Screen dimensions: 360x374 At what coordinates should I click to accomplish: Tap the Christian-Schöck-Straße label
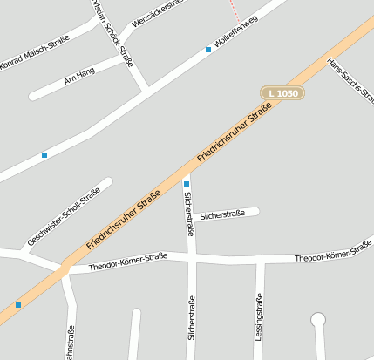click(113, 31)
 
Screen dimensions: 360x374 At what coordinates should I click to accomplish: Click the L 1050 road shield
click(282, 92)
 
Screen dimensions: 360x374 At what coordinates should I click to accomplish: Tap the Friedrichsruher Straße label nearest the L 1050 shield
click(235, 132)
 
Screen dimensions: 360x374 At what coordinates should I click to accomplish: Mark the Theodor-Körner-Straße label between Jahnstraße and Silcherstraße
click(128, 262)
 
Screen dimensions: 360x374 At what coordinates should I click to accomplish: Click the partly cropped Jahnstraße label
click(71, 343)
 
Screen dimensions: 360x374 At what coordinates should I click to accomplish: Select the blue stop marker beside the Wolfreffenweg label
click(208, 50)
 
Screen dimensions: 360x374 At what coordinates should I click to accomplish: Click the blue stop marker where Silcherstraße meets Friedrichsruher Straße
click(187, 184)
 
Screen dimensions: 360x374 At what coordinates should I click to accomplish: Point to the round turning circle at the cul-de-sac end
click(318, 320)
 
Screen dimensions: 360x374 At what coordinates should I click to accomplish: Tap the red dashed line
click(233, 11)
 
